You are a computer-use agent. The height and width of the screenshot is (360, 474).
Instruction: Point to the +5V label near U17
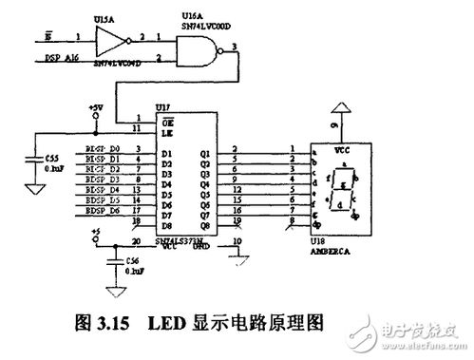(x=94, y=108)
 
